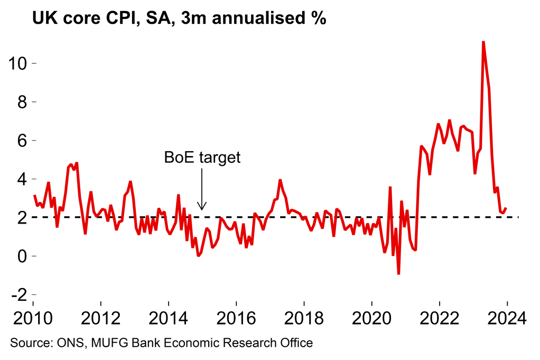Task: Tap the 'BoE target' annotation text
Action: point(202,157)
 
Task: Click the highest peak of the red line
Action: point(483,42)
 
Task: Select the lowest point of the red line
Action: point(398,274)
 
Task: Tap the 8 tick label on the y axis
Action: point(22,101)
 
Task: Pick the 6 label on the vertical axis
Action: point(22,140)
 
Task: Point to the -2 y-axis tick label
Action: point(20,294)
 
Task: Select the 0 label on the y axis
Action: point(22,256)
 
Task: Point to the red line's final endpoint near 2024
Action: point(506,208)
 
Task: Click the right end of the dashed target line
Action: point(518,217)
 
